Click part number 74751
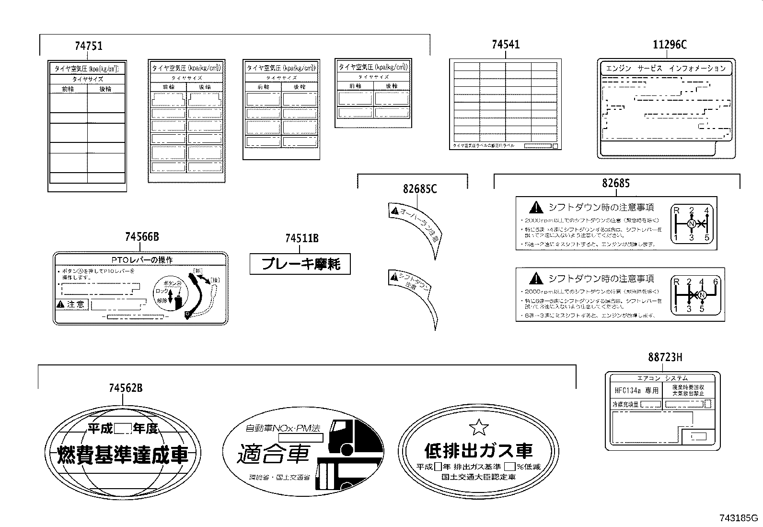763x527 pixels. [88, 46]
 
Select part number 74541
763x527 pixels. [505, 45]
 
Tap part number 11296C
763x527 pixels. [670, 45]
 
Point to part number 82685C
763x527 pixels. [420, 189]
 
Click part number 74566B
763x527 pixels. [141, 237]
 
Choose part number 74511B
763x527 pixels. [301, 238]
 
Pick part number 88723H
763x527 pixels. [665, 357]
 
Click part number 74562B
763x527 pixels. [126, 388]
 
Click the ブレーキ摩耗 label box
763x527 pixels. [300, 264]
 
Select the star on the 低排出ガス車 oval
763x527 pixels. [478, 426]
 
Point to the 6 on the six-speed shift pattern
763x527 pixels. [715, 281]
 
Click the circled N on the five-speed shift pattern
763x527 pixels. [692, 224]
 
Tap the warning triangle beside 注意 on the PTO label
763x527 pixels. [60, 304]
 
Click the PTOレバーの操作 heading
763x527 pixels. [142, 260]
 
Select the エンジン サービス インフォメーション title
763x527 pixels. [666, 69]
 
